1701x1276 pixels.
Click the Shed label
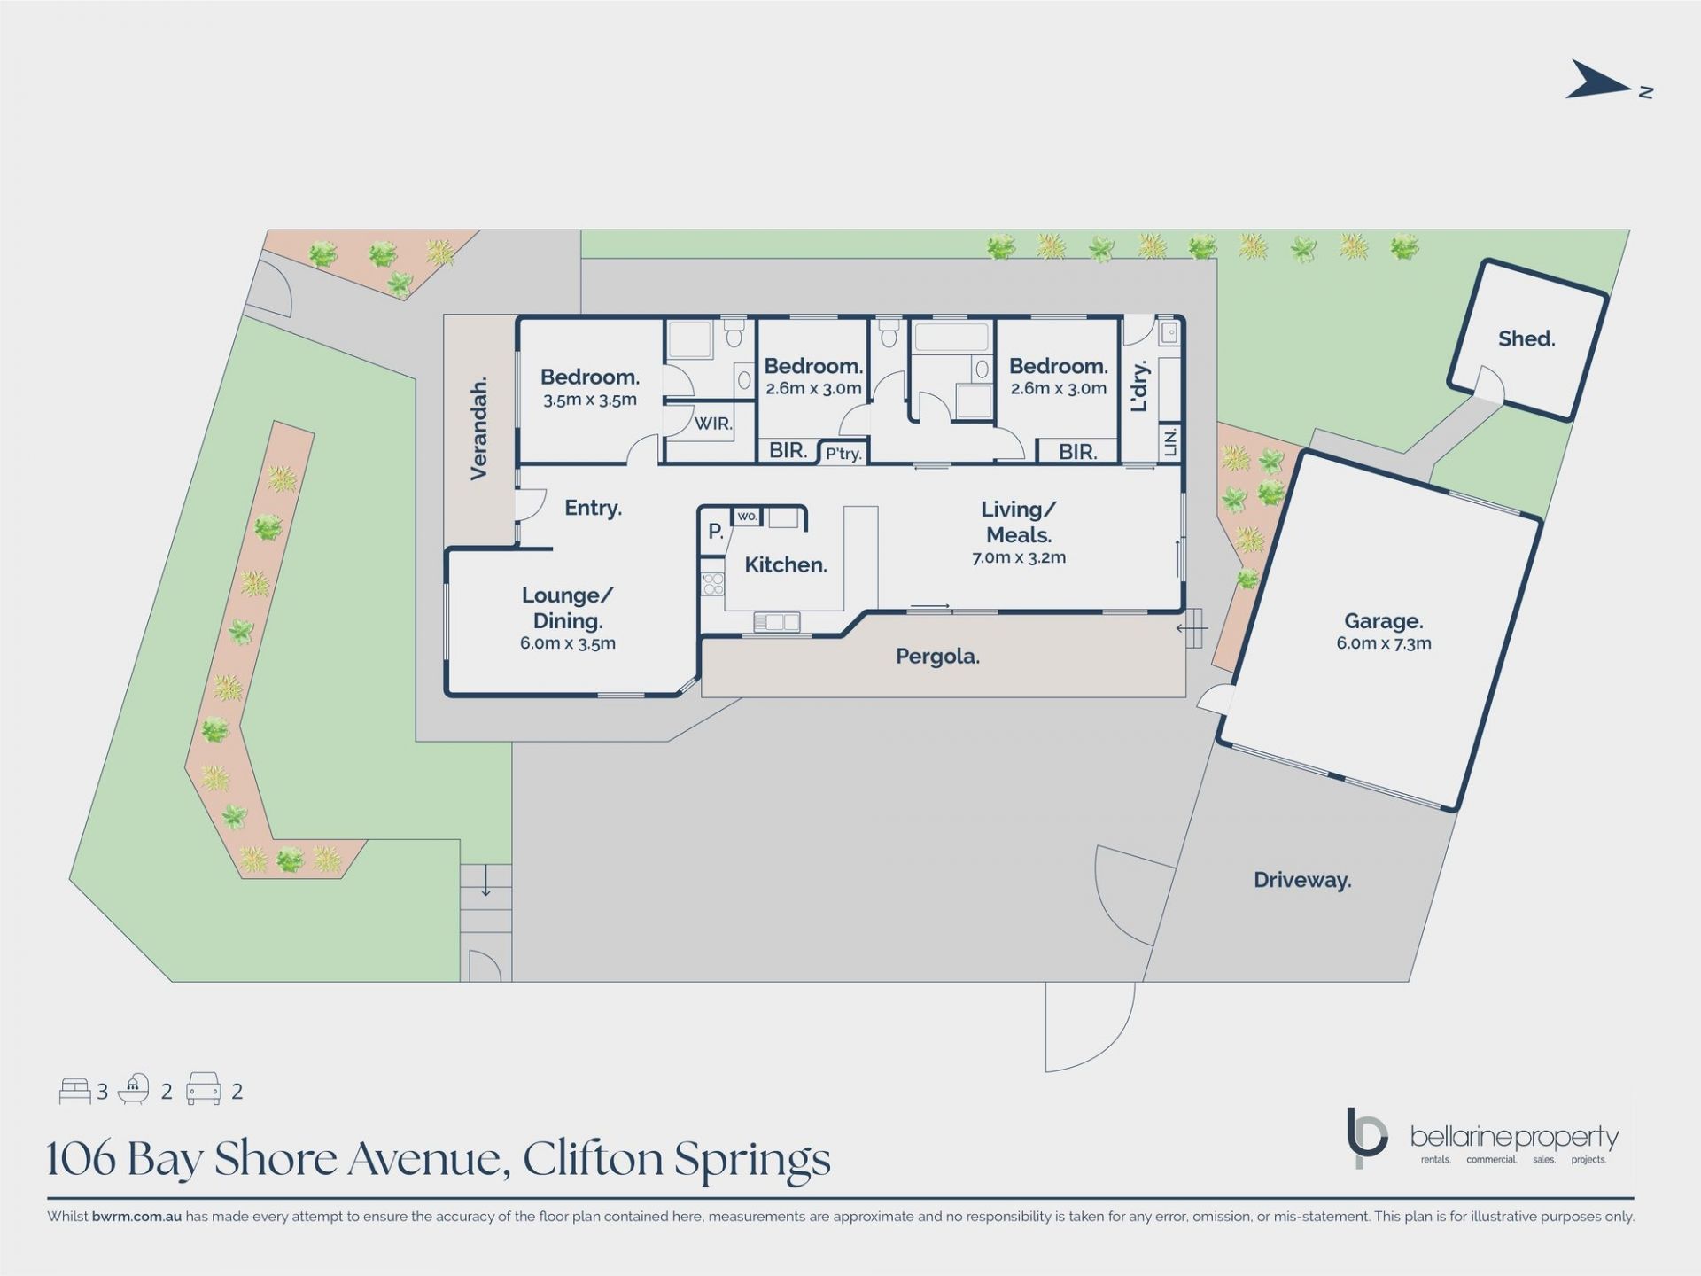[1526, 338]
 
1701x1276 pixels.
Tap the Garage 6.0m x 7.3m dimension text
[1384, 643]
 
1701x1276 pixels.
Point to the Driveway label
[1302, 880]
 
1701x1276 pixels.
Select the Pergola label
[937, 657]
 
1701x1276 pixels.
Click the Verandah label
[479, 429]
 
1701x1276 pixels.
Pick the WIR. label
[713, 424]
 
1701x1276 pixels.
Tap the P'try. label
[843, 454]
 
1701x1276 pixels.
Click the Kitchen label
[786, 564]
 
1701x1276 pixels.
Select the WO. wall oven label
[747, 516]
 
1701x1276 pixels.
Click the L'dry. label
[1140, 385]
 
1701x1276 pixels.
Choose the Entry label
[594, 508]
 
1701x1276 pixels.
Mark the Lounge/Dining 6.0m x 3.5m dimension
[568, 643]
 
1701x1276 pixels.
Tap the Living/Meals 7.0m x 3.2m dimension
[1019, 557]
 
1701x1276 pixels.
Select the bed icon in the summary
[74, 1091]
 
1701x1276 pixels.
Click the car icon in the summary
[203, 1089]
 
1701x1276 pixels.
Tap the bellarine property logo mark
[1366, 1138]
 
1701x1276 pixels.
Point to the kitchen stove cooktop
[712, 583]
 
